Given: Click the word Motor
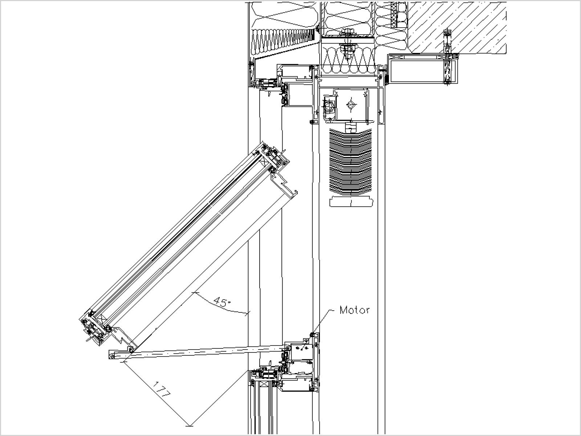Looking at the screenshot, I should tap(354, 310).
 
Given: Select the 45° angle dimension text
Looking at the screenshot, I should tap(221, 302).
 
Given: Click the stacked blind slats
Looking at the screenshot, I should tap(350, 162).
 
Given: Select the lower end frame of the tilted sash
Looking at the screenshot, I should tap(94, 327).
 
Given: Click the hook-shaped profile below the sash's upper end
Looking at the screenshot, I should tap(287, 189).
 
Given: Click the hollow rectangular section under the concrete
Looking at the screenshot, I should tap(421, 71).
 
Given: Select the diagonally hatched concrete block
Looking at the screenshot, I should tap(458, 25).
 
